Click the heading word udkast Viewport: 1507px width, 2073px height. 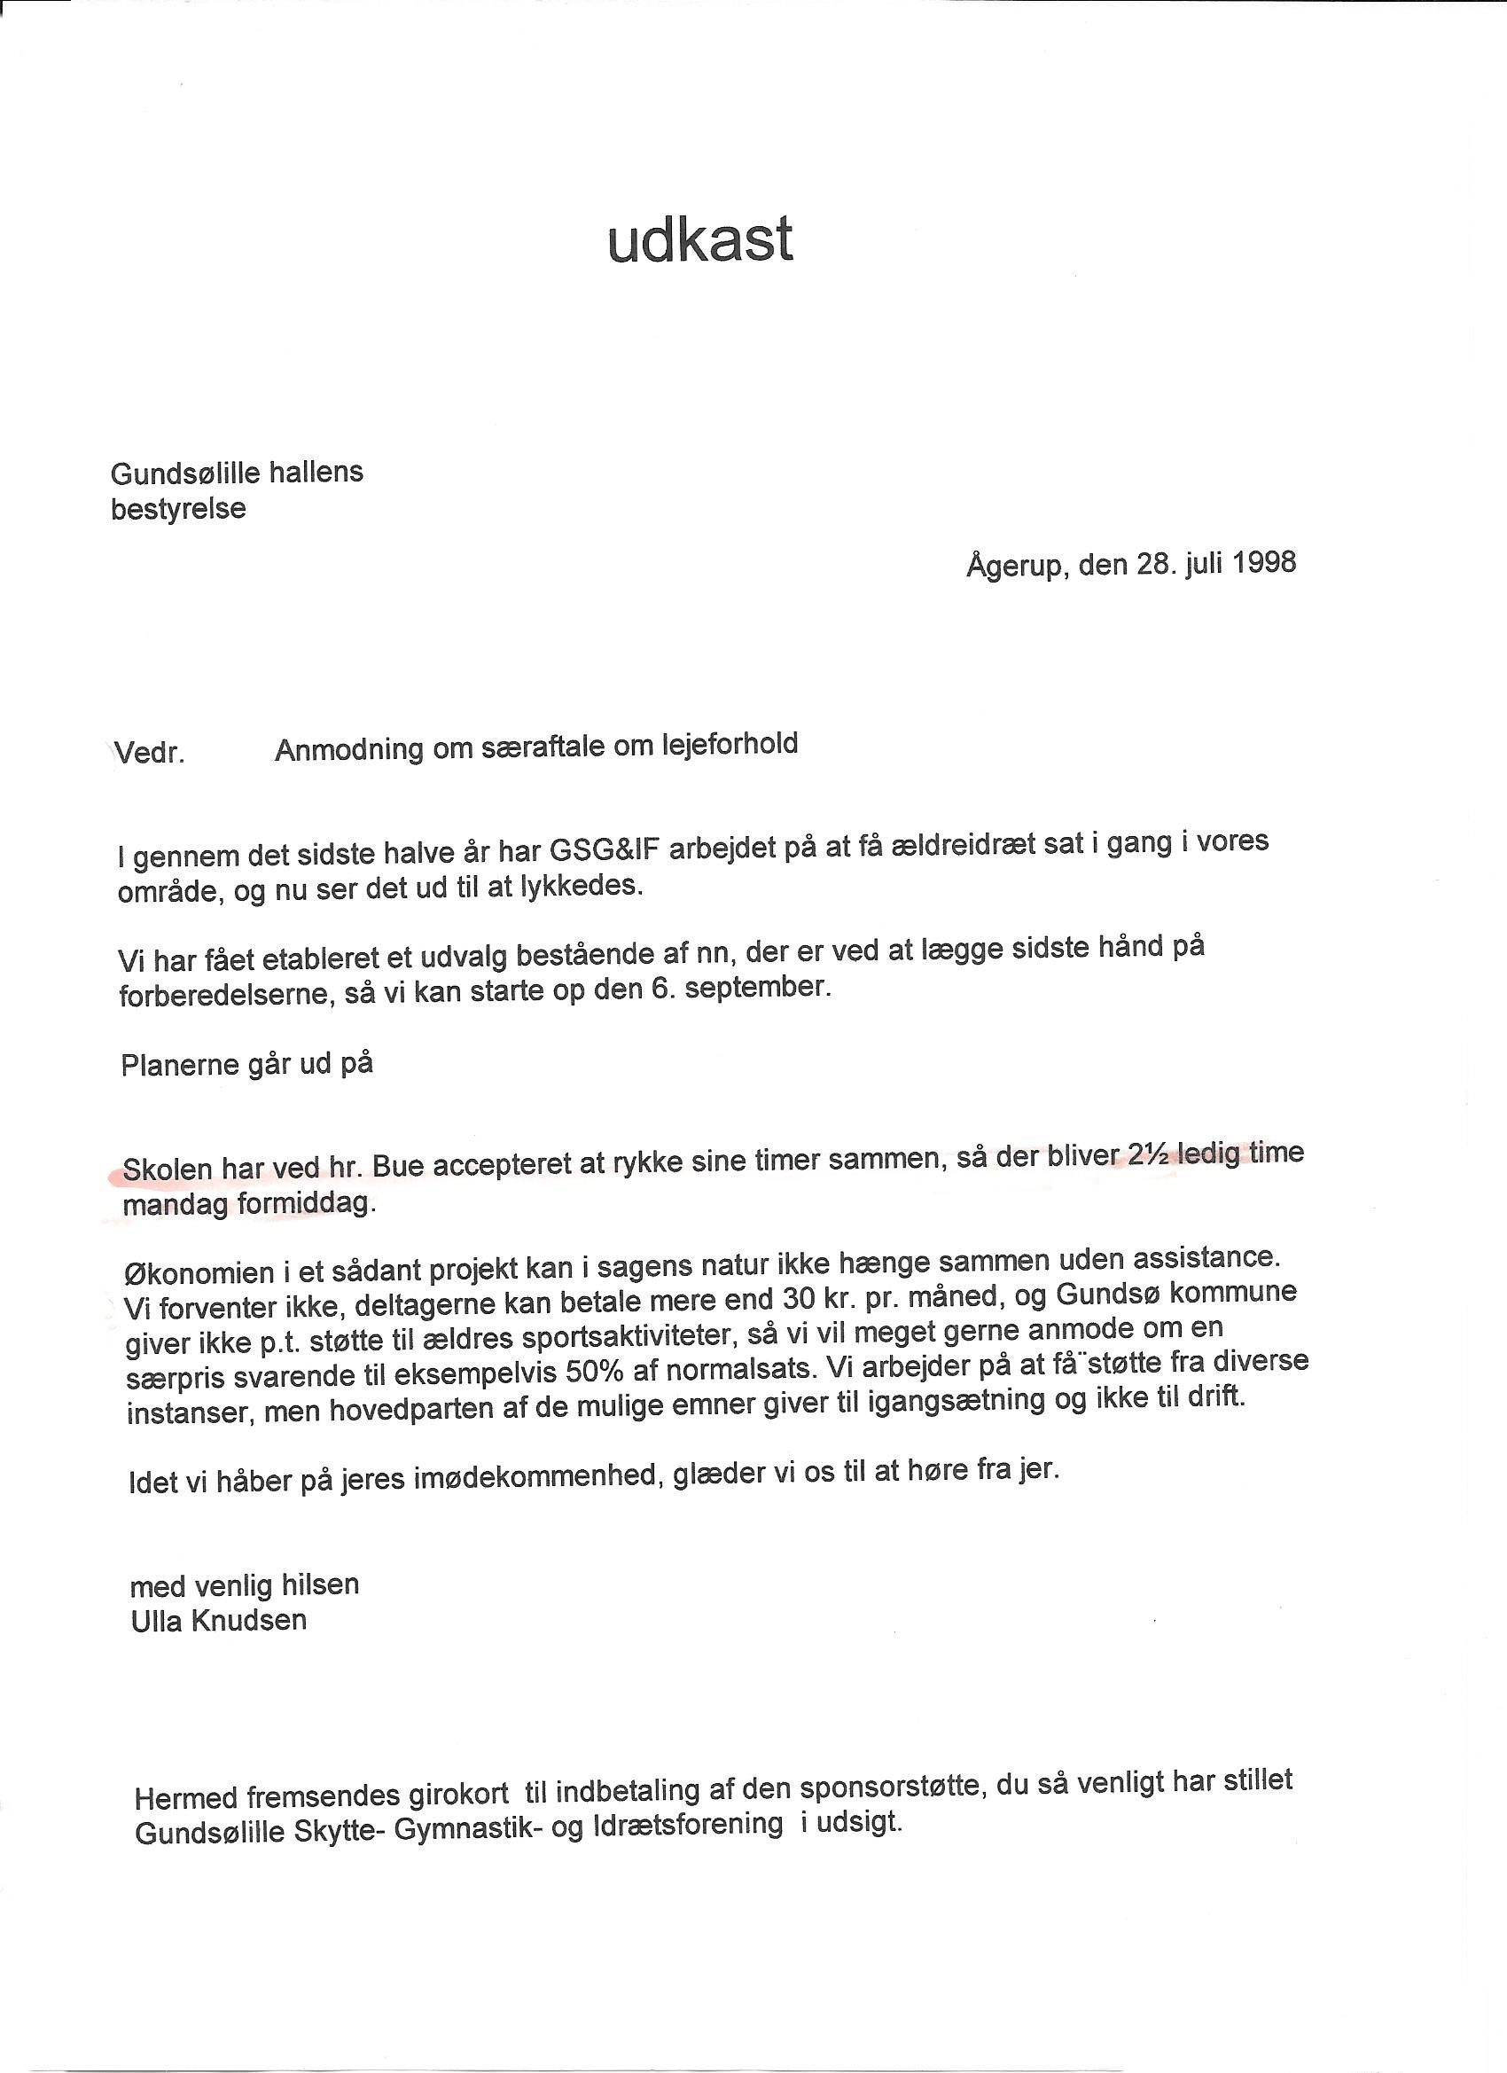pyautogui.click(x=700, y=239)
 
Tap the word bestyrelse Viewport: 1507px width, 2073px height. pyautogui.click(x=178, y=509)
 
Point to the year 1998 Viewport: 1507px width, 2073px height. pyautogui.click(x=1263, y=562)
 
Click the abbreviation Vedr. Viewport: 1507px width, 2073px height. pyautogui.click(x=150, y=755)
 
